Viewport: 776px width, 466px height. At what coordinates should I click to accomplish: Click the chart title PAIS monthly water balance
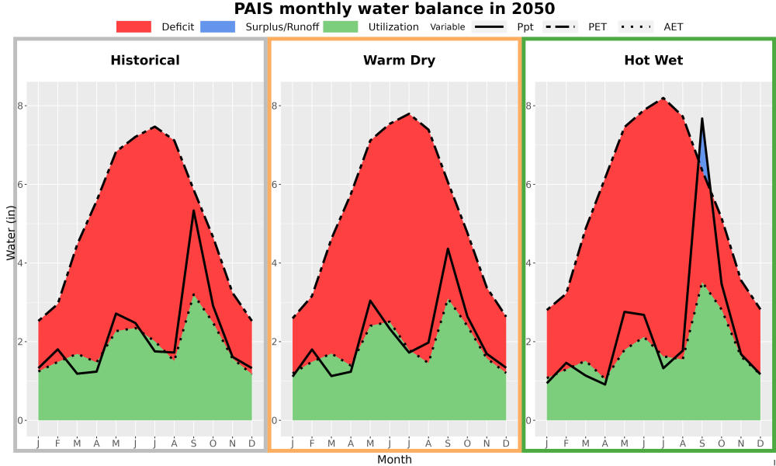394,9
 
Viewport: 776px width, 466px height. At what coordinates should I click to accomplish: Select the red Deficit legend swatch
133,26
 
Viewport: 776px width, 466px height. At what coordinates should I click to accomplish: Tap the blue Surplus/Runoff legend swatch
218,26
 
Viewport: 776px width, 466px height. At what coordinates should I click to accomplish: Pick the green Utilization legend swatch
341,26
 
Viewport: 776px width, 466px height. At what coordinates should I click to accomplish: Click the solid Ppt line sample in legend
488,26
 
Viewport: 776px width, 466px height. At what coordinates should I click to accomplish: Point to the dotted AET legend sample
636,26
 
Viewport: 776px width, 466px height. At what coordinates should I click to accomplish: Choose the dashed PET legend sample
559,26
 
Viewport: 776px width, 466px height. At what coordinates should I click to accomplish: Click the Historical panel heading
145,61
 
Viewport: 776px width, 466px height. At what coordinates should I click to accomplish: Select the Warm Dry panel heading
400,61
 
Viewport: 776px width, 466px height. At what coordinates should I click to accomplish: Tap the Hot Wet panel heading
653,61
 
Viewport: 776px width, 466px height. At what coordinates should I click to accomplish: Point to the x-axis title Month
394,460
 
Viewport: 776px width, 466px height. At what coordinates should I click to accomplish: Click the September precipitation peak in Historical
193,210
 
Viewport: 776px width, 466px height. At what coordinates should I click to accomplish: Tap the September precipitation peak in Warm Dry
448,249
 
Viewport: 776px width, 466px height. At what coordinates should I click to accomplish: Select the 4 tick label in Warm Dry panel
275,263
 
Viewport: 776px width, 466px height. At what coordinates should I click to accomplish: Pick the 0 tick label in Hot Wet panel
530,420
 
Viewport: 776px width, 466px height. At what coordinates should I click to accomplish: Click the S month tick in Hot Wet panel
702,443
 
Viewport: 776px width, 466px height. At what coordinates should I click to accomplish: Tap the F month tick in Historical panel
57,443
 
